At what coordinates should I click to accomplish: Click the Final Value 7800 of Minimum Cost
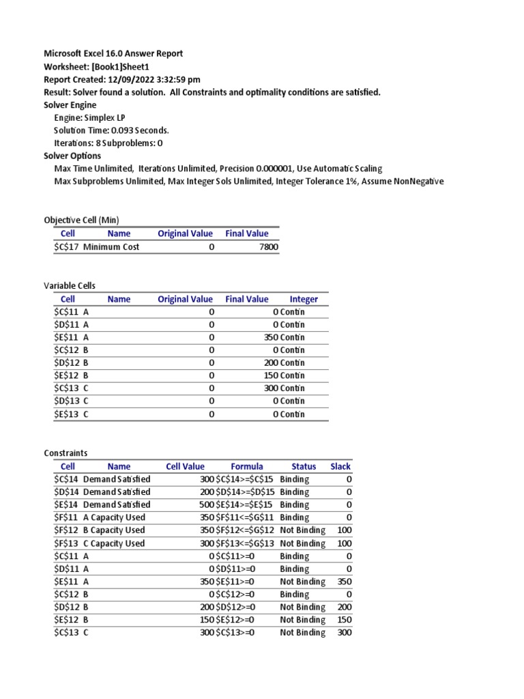[269, 247]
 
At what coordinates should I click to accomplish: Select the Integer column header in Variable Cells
[304, 299]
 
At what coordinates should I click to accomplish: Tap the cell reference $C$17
[66, 247]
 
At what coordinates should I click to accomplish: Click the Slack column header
[340, 466]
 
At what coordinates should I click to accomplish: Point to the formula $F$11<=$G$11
[245, 517]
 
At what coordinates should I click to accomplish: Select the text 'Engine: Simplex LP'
[89, 117]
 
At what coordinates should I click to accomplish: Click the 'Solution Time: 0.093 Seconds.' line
[111, 130]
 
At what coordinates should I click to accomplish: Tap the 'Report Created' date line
[122, 79]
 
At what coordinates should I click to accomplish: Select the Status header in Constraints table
[304, 466]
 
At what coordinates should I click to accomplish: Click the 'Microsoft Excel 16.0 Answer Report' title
[113, 53]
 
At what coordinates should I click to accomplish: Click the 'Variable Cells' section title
[70, 285]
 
